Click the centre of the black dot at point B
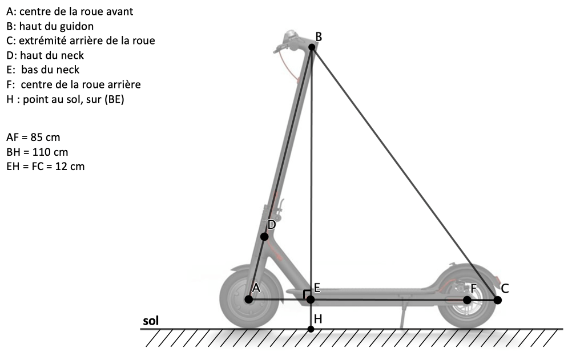coord(312,47)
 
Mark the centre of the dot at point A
coord(249,300)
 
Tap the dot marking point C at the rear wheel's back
coord(498,300)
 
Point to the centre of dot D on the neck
coord(264,236)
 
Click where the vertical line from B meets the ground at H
coord(311,329)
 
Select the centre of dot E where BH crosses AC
coord(310,300)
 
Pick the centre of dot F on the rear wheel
coord(467,300)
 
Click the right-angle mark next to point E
coord(306,293)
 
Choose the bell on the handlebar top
coord(290,36)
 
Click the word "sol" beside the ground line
coord(151,321)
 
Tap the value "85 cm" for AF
coord(46,137)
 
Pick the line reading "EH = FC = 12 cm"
coord(46,167)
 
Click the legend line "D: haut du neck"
coord(45,55)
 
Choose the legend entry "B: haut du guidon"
coord(50,26)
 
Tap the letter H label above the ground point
coord(318,319)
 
